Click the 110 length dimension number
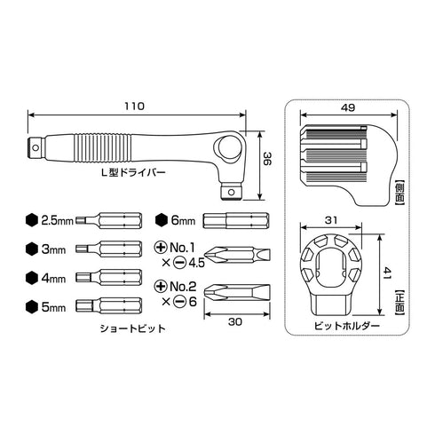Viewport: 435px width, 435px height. (x=134, y=107)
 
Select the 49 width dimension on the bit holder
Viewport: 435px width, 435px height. (x=348, y=107)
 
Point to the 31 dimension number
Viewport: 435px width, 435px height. (x=331, y=220)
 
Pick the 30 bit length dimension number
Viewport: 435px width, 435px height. (x=235, y=321)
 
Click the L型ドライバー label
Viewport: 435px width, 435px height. (x=133, y=172)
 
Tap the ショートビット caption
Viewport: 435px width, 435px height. (x=132, y=328)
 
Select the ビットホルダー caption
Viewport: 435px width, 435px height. (x=347, y=326)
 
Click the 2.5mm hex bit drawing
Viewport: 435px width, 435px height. (x=108, y=220)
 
